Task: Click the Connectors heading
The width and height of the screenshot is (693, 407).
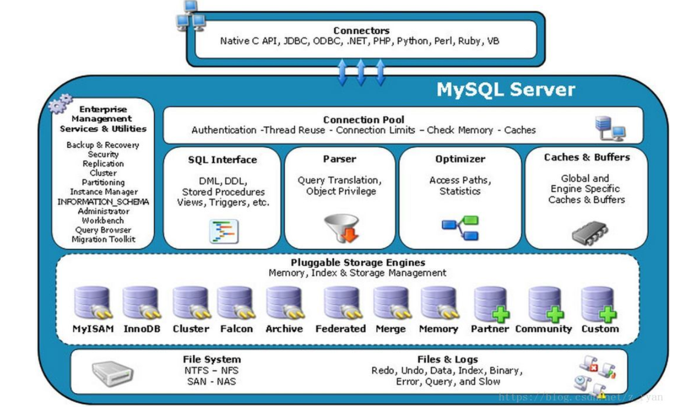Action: coord(362,31)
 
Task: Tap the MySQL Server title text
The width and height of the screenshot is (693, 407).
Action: coord(506,90)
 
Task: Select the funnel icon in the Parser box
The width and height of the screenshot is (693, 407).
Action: coord(341,228)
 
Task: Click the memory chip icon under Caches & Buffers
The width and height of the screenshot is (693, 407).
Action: coord(590,233)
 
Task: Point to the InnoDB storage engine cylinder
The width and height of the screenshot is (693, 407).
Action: coord(141,303)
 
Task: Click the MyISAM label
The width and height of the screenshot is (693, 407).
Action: coord(93,329)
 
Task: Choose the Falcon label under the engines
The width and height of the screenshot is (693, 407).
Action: coord(236,329)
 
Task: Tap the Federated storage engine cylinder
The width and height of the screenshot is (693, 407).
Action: coord(342,303)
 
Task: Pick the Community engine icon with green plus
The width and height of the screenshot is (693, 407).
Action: coord(546,304)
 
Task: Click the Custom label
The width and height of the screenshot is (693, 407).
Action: coord(600,329)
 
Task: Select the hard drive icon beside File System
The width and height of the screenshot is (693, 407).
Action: coord(112,374)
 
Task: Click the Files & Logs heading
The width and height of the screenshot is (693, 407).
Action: coord(448,359)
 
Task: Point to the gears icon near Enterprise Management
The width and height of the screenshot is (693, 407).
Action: coord(60,104)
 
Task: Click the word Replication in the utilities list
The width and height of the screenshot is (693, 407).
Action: coord(103,164)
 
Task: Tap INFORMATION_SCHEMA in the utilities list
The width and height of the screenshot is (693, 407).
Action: coord(103,202)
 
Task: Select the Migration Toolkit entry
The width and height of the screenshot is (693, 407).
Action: coord(103,240)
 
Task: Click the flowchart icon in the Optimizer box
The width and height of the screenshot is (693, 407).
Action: coord(460,228)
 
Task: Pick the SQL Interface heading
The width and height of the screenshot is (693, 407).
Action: coord(223,160)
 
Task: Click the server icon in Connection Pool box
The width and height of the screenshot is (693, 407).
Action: coord(610,129)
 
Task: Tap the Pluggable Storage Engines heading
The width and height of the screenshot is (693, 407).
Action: coord(358,262)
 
